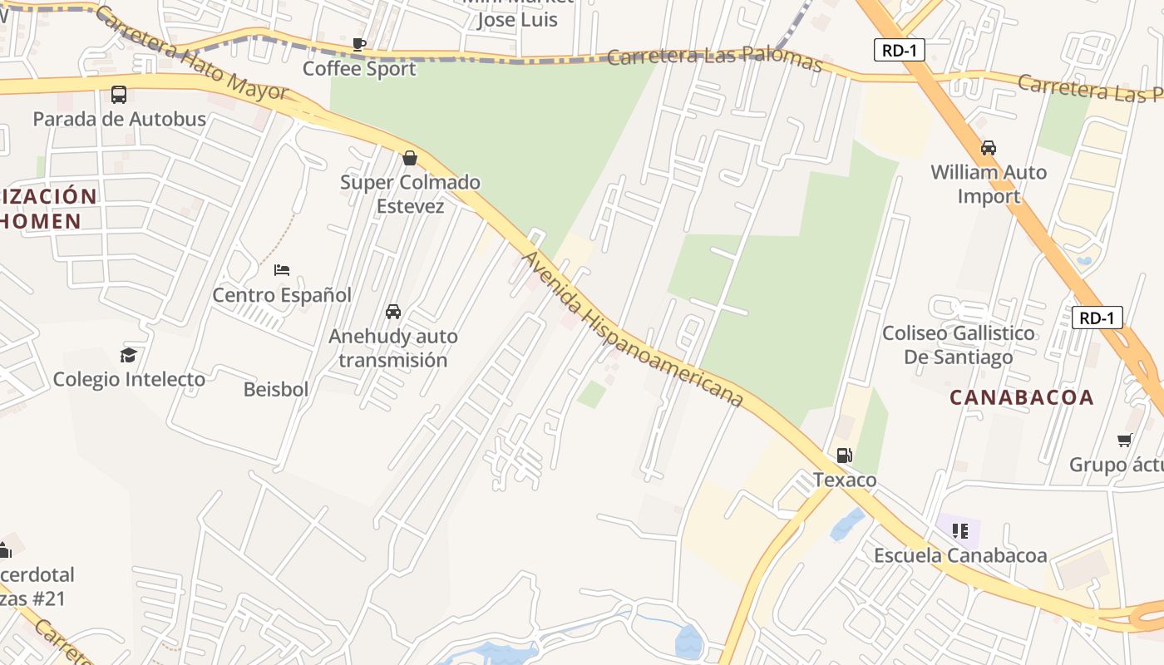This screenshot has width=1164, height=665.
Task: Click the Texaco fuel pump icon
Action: pyautogui.click(x=844, y=455)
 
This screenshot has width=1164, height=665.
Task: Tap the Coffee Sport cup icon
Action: pyautogui.click(x=359, y=44)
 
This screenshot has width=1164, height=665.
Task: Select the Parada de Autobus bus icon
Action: pyautogui.click(x=119, y=95)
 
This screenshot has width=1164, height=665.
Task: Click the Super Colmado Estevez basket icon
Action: pyautogui.click(x=409, y=158)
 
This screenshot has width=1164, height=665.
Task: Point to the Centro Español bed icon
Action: pyautogui.click(x=282, y=270)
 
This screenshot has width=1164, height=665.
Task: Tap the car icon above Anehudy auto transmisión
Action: pyautogui.click(x=393, y=312)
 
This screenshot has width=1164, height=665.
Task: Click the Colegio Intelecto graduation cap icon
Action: pyautogui.click(x=128, y=355)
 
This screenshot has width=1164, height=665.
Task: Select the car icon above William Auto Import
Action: pyautogui.click(x=989, y=148)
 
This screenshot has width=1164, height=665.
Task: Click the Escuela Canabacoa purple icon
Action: pyautogui.click(x=960, y=530)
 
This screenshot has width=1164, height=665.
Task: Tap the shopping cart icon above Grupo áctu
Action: pyautogui.click(x=1125, y=440)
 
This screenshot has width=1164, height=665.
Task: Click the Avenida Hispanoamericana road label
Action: pyautogui.click(x=632, y=330)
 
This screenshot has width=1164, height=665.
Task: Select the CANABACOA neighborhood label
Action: pyautogui.click(x=1022, y=397)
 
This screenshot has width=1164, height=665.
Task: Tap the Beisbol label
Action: pyautogui.click(x=276, y=389)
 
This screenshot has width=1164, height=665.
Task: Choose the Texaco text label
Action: pyautogui.click(x=845, y=480)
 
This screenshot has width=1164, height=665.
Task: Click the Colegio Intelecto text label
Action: pyautogui.click(x=129, y=379)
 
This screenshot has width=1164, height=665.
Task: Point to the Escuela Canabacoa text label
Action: pyautogui.click(x=960, y=555)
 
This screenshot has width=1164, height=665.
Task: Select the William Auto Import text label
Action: pyautogui.click(x=989, y=184)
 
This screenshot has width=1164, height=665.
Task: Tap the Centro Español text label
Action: pyautogui.click(x=282, y=295)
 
